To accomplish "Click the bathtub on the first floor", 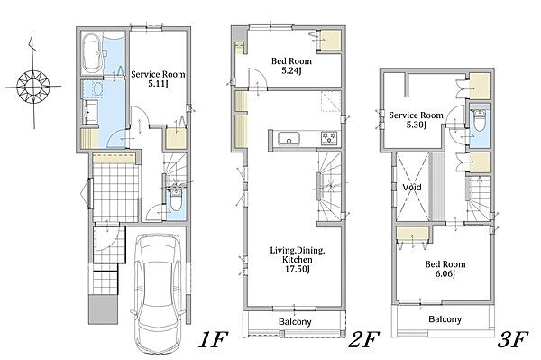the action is pos(92,53).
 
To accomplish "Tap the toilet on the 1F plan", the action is pos(176,200).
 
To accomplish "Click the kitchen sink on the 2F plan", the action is pos(289,140).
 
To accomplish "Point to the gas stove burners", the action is pos(330,138).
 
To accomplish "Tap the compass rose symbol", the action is pos(33,86).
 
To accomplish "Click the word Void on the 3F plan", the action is pos(412,188).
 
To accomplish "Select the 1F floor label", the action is pos(213,339).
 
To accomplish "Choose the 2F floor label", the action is pos(363,339).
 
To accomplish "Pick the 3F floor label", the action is pos(513,339).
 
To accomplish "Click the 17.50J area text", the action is pos(297,269).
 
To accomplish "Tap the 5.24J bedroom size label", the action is pos(291,70).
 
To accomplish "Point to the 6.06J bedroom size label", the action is pos(445,274).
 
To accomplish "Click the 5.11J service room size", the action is pos(158,84).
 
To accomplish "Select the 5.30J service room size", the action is pos(416,125).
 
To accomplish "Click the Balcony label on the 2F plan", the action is pos(295,322).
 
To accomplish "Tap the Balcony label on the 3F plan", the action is pos(445,319).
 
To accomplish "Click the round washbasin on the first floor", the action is pos(98,90).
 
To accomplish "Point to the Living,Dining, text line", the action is pos(297,250).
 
